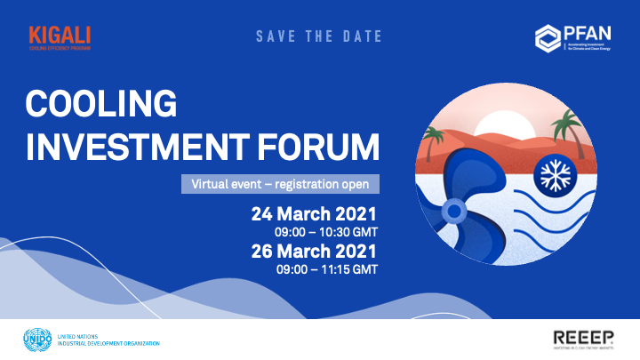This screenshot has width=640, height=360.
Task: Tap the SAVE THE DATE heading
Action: pos(319,36)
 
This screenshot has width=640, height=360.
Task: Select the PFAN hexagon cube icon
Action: pos(547,37)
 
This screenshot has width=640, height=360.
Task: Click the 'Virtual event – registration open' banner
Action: pos(280,185)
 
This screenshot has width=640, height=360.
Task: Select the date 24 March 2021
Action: pos(314,214)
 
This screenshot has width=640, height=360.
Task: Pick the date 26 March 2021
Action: pos(314,252)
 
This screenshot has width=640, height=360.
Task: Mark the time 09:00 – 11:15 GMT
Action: pos(326,268)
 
